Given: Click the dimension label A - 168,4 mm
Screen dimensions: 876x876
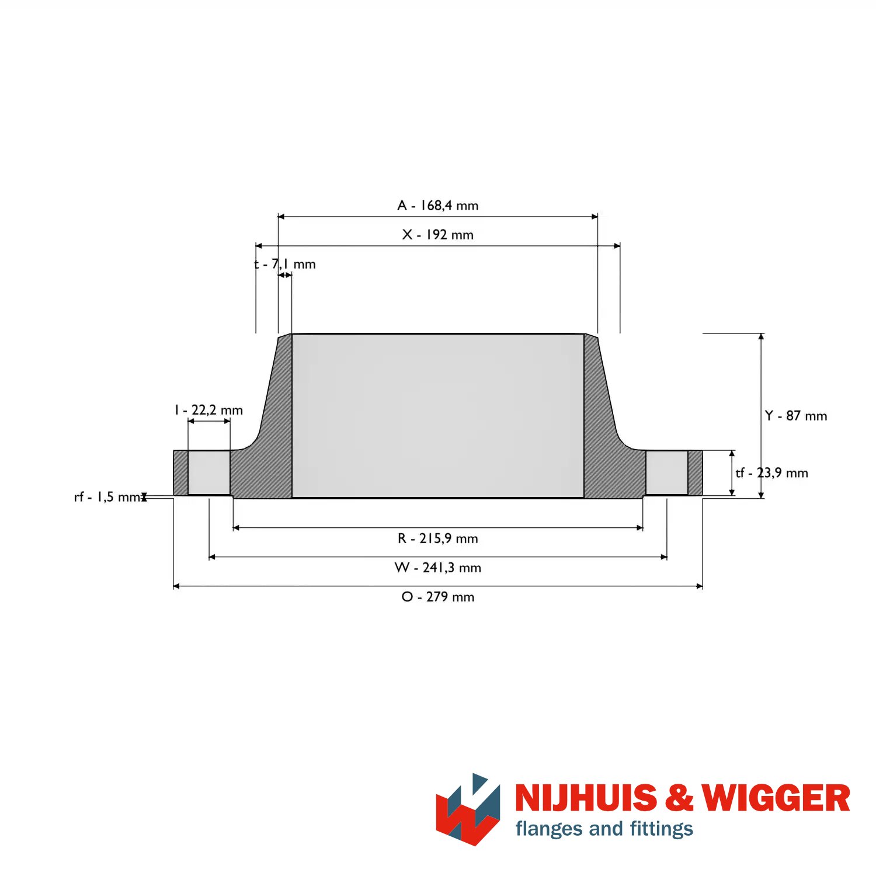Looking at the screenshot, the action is [x=438, y=206].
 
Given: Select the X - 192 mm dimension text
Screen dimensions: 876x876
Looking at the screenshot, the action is [x=438, y=235].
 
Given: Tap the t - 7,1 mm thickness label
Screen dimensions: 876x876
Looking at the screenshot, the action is [x=285, y=264].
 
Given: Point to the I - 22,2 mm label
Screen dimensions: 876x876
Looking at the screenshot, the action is [x=208, y=410].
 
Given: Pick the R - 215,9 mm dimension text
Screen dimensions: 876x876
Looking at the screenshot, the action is [x=438, y=538].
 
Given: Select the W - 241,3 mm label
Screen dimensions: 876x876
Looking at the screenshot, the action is [x=438, y=568].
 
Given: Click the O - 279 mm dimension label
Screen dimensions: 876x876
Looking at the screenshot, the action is [x=438, y=597].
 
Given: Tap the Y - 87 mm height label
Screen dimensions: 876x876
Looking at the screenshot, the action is [x=796, y=416].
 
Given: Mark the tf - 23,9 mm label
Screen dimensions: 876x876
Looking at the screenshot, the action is [x=772, y=473].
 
